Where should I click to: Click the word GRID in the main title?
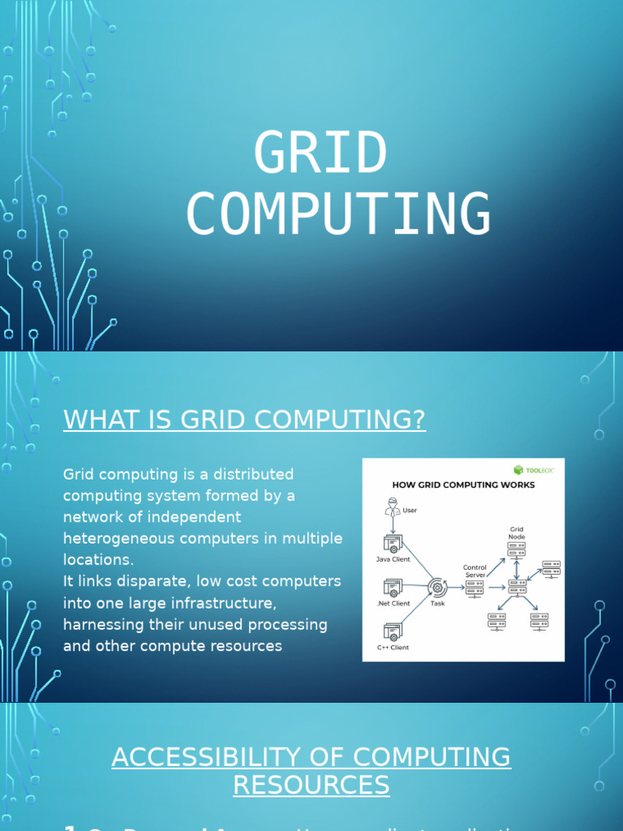pos(320,153)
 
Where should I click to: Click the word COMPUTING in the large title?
pos(338,214)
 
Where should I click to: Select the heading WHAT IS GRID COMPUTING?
pos(244,420)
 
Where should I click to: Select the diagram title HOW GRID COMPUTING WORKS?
pos(463,485)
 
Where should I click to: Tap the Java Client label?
pos(393,559)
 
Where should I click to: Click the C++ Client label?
pos(393,647)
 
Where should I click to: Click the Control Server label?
pos(475,571)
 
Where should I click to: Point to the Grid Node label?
pos(517,533)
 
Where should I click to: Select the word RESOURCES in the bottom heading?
pos(311,786)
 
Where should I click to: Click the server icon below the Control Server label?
pos(475,588)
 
